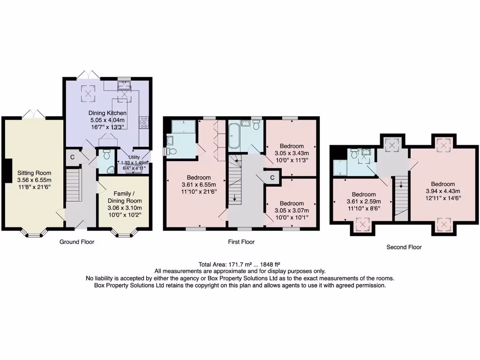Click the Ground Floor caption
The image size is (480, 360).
pos(77,242)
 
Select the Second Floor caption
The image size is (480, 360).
pos(404,247)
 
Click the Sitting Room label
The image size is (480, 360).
pos(34,173)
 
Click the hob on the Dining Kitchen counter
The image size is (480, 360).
pos(144,121)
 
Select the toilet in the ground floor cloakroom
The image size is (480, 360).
pos(106,155)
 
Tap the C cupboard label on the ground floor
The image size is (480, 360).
pos(72,157)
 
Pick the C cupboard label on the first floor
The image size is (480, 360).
pos(272,177)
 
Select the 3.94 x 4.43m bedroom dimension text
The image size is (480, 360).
pos(443,191)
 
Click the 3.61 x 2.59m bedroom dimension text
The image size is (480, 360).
pos(364,202)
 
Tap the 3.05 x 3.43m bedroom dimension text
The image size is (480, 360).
pos(292,153)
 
